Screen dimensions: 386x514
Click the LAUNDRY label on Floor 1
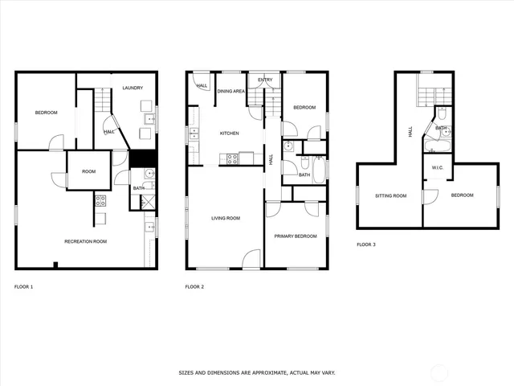(x=133, y=88)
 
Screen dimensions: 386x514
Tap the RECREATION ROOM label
(x=86, y=241)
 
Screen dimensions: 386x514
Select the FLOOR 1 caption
(x=24, y=287)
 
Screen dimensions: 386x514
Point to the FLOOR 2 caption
(x=194, y=287)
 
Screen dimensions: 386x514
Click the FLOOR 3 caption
(x=365, y=244)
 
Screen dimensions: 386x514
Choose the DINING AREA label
(x=232, y=92)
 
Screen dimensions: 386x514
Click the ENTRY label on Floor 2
(x=264, y=80)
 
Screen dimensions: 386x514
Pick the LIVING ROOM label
(x=226, y=218)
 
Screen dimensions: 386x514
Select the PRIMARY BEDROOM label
(x=296, y=236)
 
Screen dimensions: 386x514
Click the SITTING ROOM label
(x=391, y=195)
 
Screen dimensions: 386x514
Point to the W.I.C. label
(x=438, y=168)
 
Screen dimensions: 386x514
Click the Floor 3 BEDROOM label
(x=462, y=195)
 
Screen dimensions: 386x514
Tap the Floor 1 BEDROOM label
(x=46, y=113)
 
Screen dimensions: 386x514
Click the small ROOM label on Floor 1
(x=88, y=171)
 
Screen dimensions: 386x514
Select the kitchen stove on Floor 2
(x=231, y=158)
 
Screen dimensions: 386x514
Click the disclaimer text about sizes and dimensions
(x=257, y=373)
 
